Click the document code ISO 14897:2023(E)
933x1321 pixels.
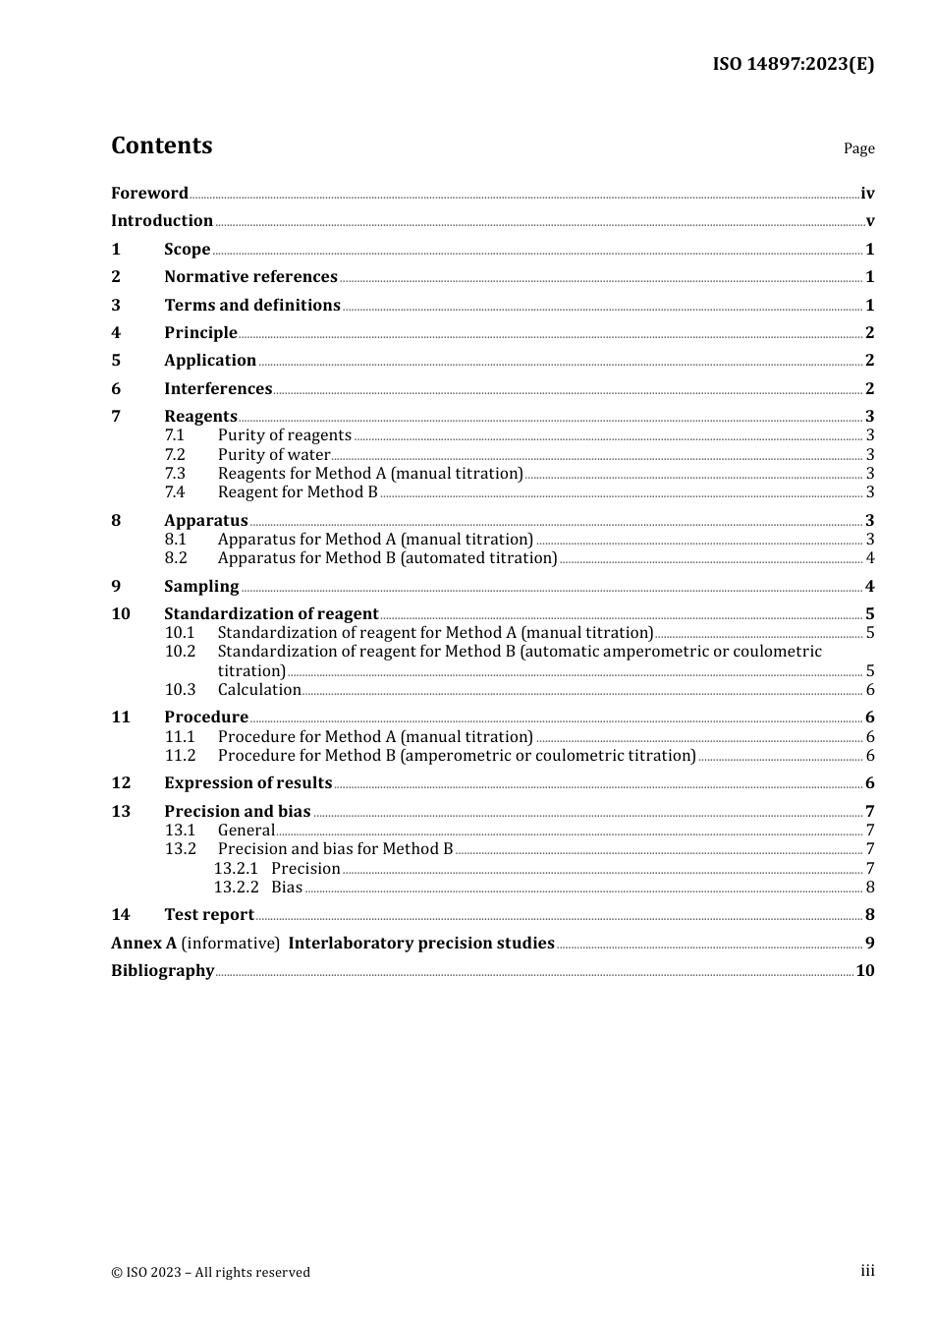(x=793, y=64)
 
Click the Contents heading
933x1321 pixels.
(x=162, y=145)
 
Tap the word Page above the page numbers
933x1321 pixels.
(x=858, y=148)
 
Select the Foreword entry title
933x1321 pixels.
(x=149, y=193)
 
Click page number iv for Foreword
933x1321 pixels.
(x=867, y=194)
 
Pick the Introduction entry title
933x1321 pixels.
(x=162, y=221)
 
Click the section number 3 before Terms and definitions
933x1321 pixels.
(x=116, y=305)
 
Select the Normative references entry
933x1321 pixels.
(x=250, y=277)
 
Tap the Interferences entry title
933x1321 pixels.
(x=218, y=388)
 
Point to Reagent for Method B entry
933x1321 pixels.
(x=298, y=491)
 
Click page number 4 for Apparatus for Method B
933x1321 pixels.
(x=870, y=558)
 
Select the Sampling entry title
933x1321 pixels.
(x=201, y=586)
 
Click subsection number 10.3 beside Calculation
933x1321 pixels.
(x=180, y=690)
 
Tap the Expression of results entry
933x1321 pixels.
(x=247, y=783)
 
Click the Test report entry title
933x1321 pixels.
(x=209, y=915)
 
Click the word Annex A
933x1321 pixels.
(x=143, y=943)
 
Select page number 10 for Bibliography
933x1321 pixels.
(x=865, y=971)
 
